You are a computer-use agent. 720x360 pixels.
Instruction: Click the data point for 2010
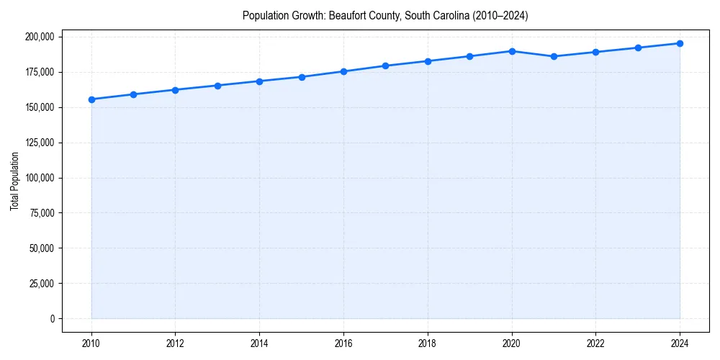[x=91, y=99]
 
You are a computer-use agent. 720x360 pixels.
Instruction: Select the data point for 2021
[x=554, y=56]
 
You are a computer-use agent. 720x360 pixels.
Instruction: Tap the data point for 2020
[x=512, y=51]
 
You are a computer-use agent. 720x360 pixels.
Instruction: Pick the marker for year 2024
[x=680, y=43]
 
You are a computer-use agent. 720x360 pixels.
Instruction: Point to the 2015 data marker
[x=302, y=77]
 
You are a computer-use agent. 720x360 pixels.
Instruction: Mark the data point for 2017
[x=385, y=66]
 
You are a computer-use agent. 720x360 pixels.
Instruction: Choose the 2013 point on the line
[x=217, y=86]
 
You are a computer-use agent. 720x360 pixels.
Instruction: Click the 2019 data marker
[x=469, y=56]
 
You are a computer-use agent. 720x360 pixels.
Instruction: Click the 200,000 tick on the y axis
[x=40, y=37]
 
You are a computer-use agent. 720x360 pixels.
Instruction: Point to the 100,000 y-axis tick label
[x=40, y=178]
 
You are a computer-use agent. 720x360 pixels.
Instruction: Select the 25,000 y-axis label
[x=42, y=283]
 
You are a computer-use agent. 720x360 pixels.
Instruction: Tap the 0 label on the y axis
[x=52, y=318]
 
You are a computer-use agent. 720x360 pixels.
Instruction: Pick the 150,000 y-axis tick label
[x=40, y=107]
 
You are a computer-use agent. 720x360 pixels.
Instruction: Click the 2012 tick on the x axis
[x=175, y=343]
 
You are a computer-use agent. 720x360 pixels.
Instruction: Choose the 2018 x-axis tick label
[x=428, y=343]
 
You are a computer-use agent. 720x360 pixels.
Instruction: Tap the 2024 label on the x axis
[x=680, y=343]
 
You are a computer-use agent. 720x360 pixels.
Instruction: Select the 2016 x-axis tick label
[x=343, y=343]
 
